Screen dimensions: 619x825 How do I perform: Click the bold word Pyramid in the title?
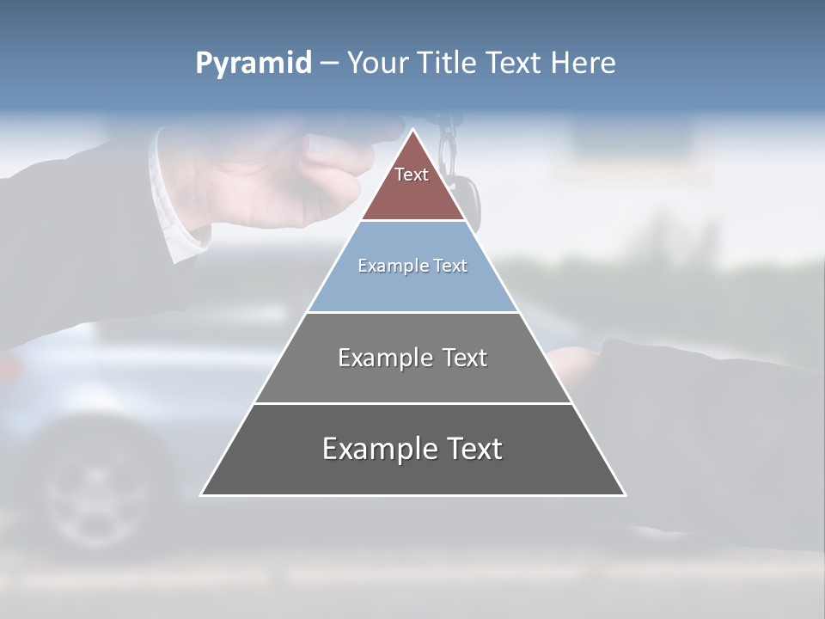click(254, 63)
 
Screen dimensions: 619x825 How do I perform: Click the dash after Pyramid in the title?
click(329, 64)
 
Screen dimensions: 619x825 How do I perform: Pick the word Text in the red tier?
click(412, 175)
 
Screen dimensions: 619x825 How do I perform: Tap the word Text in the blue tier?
click(450, 266)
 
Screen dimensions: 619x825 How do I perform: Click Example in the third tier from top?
click(383, 358)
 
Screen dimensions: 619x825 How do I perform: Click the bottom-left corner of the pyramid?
click(202, 494)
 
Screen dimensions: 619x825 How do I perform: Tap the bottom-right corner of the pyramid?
click(625, 494)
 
